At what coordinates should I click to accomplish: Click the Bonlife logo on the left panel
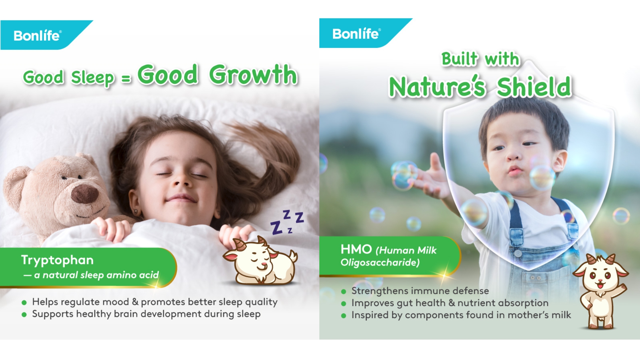pos(37,35)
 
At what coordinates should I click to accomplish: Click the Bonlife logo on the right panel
pos(356,34)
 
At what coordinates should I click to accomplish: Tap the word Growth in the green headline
pos(253,75)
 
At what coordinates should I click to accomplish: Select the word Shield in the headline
pos(534,87)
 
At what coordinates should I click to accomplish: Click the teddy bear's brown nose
pos(85,194)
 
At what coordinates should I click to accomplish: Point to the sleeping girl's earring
pos(136,212)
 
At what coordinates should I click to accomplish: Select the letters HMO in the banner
pos(356,249)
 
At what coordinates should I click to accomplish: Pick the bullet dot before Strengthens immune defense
pos(344,292)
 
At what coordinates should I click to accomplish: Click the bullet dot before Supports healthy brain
pos(24,314)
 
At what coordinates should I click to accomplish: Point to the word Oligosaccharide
pos(380,263)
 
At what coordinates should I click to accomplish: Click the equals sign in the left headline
pos(126,79)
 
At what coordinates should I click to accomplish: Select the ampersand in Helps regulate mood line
pos(135,302)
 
